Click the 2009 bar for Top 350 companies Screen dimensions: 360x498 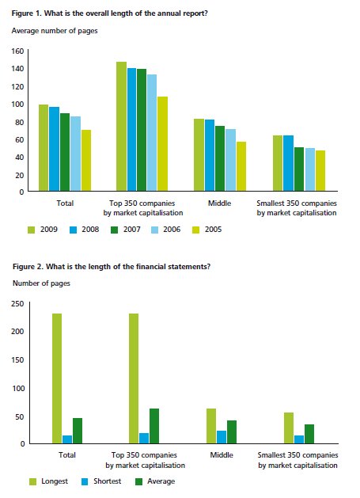click(x=121, y=126)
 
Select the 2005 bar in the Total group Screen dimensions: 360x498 click(x=86, y=161)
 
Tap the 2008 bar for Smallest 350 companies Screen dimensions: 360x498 click(x=288, y=163)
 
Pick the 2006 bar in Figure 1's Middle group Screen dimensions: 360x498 click(x=230, y=160)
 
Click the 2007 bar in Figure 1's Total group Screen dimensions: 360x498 click(x=65, y=152)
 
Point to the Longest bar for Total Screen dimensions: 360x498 click(x=57, y=378)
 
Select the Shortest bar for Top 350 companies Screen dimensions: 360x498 click(x=144, y=439)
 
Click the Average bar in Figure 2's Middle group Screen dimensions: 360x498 click(x=232, y=432)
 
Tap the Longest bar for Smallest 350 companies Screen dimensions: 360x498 click(x=289, y=428)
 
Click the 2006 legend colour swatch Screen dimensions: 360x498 click(x=154, y=230)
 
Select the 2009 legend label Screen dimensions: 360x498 click(x=49, y=230)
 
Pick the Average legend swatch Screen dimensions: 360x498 click(x=138, y=481)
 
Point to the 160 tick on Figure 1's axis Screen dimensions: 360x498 click(x=17, y=51)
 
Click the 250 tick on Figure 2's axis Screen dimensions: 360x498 click(x=17, y=303)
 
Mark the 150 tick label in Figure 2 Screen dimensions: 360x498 click(x=17, y=360)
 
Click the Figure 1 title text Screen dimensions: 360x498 click(x=109, y=13)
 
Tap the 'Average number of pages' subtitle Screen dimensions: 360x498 click(x=55, y=31)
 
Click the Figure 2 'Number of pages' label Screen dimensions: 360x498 click(x=41, y=283)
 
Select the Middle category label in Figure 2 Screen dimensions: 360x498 click(x=222, y=454)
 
